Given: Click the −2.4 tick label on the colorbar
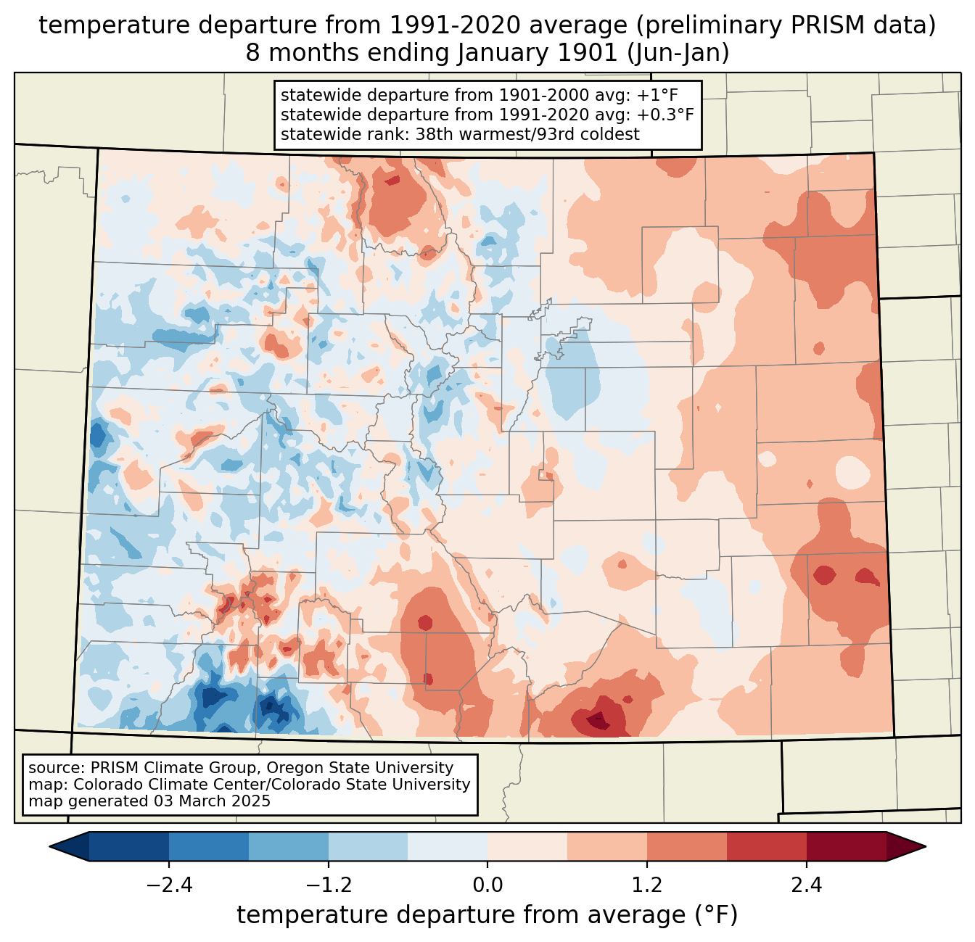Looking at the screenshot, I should click(169, 885).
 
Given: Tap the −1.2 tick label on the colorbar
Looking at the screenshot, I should click(328, 885).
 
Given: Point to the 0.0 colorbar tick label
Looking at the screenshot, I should click(487, 885).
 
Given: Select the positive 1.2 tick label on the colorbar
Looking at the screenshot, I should click(647, 885).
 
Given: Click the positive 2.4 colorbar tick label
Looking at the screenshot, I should click(806, 885).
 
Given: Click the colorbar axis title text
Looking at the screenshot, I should click(487, 915).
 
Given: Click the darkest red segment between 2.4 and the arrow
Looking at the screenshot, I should click(846, 846).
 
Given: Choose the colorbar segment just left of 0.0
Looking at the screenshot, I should click(448, 846).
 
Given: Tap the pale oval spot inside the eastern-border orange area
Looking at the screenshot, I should click(852, 472).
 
